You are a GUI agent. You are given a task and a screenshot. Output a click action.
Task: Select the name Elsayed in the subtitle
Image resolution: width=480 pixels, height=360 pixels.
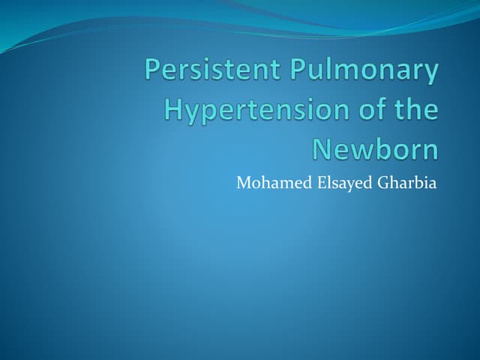(x=332, y=182)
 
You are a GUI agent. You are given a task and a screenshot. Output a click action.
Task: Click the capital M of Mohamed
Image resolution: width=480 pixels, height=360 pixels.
(x=242, y=182)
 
